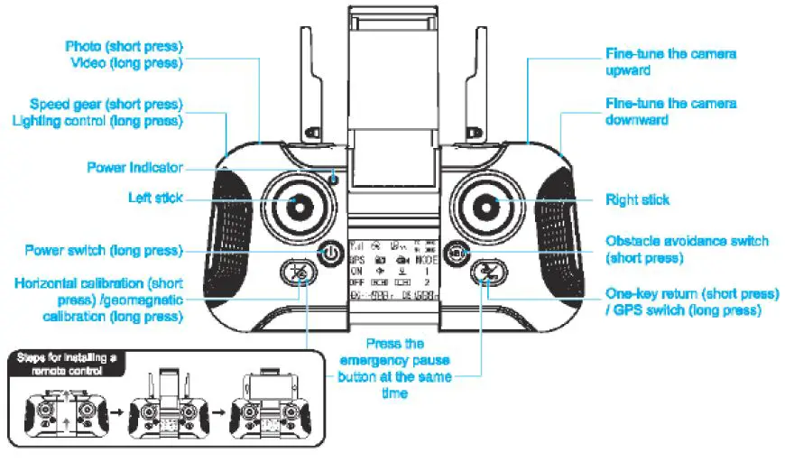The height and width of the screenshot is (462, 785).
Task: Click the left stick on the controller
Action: [293, 206]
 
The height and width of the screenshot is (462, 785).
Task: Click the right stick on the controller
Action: [492, 206]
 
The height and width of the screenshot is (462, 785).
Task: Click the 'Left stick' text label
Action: [156, 198]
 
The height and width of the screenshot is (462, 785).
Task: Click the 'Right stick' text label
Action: [637, 199]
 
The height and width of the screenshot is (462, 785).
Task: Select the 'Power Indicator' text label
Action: [134, 168]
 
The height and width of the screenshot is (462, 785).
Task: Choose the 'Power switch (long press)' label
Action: [104, 250]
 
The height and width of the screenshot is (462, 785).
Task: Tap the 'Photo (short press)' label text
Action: [124, 45]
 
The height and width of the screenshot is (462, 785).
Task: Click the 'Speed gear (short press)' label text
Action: [106, 104]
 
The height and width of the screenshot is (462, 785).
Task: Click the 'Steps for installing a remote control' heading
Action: [69, 364]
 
